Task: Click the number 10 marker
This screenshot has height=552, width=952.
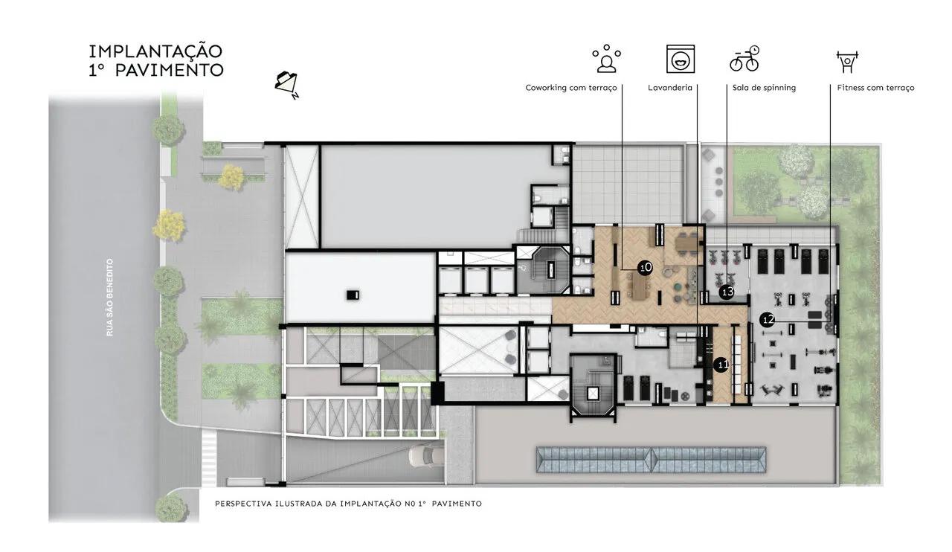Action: [646, 268]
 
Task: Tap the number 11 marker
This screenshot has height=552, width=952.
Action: [721, 365]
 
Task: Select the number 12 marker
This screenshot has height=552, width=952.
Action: [768, 320]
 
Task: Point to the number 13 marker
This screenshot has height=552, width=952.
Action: [727, 292]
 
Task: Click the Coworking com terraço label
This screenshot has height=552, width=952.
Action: [570, 88]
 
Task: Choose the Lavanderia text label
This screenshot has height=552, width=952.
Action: [670, 88]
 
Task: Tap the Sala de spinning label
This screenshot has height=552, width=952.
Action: [764, 88]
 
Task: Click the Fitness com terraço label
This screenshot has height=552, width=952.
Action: [875, 88]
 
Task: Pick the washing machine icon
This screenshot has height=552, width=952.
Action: [681, 59]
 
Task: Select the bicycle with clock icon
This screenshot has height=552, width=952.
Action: [744, 58]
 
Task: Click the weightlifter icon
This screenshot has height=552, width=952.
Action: [847, 62]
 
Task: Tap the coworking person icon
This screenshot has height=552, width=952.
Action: [606, 58]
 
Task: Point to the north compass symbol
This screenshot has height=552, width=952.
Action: [287, 85]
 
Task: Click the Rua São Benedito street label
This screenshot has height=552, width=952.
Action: [109, 298]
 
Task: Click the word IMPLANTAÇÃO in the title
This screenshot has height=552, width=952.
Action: [155, 51]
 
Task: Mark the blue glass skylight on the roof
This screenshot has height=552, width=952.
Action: [652, 460]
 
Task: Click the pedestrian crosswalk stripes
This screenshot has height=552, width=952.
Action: [209, 458]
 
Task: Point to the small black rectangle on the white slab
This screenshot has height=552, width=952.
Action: [353, 295]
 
